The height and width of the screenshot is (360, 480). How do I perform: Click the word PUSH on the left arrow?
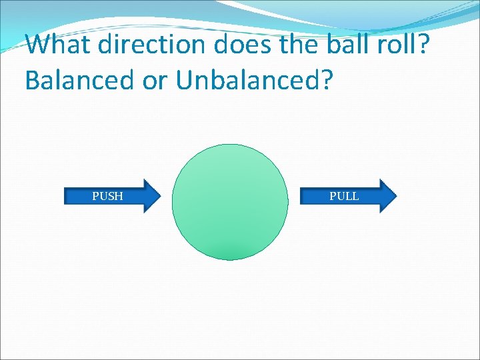[x=107, y=196]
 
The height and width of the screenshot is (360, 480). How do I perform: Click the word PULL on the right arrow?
[x=344, y=196]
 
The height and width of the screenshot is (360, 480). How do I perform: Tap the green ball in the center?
[x=230, y=202]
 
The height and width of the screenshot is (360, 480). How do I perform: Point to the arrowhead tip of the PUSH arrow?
[x=160, y=196]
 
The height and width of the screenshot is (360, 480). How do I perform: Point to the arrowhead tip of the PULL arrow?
[x=396, y=196]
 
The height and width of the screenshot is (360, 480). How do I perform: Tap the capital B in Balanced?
[x=33, y=80]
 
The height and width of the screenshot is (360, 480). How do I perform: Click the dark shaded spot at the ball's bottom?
[x=230, y=252]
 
